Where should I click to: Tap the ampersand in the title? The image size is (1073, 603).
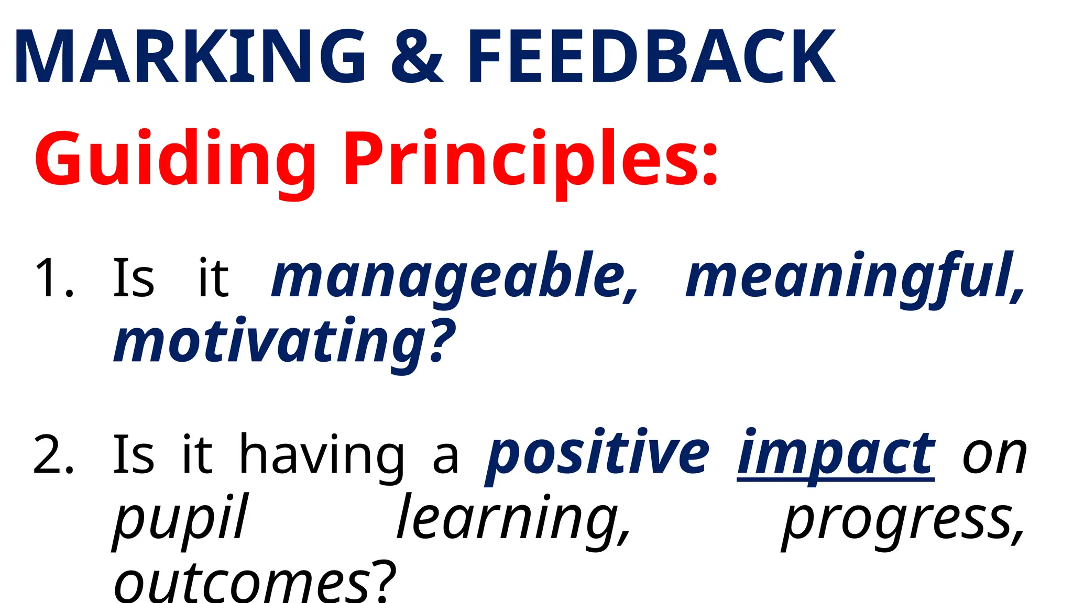tap(417, 57)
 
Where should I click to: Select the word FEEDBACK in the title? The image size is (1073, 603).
tap(651, 57)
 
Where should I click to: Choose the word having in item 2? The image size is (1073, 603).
tap(322, 454)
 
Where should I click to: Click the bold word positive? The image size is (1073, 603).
tap(597, 454)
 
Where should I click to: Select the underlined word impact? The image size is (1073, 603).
tap(836, 454)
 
